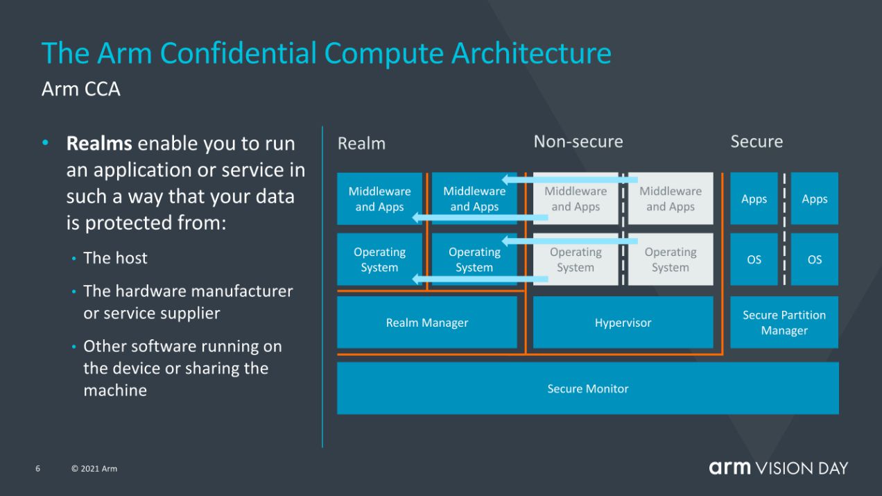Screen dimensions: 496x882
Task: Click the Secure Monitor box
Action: click(587, 388)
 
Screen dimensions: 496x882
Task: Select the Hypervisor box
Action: click(623, 323)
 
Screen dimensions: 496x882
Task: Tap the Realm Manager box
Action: click(426, 323)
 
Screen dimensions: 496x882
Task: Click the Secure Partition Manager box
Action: click(784, 323)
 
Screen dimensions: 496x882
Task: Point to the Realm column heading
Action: click(361, 144)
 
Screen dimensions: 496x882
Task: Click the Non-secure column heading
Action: click(578, 142)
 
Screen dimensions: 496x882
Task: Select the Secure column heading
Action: click(756, 142)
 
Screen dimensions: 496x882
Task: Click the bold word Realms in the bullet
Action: click(98, 144)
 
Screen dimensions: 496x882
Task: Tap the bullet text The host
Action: click(115, 258)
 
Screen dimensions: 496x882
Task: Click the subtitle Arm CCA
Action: click(80, 89)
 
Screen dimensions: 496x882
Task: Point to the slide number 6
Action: click(38, 469)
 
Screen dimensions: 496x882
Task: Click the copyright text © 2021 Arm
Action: click(94, 469)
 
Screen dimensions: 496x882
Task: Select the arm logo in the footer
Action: click(729, 468)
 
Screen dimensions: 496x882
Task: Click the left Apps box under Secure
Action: click(754, 199)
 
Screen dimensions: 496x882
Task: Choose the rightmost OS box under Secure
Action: click(814, 259)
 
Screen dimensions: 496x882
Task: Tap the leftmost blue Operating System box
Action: click(379, 259)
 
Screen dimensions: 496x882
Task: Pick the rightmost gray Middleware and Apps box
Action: click(670, 199)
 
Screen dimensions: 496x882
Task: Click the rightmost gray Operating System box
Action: click(670, 259)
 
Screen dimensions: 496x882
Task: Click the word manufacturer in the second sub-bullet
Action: click(241, 291)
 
